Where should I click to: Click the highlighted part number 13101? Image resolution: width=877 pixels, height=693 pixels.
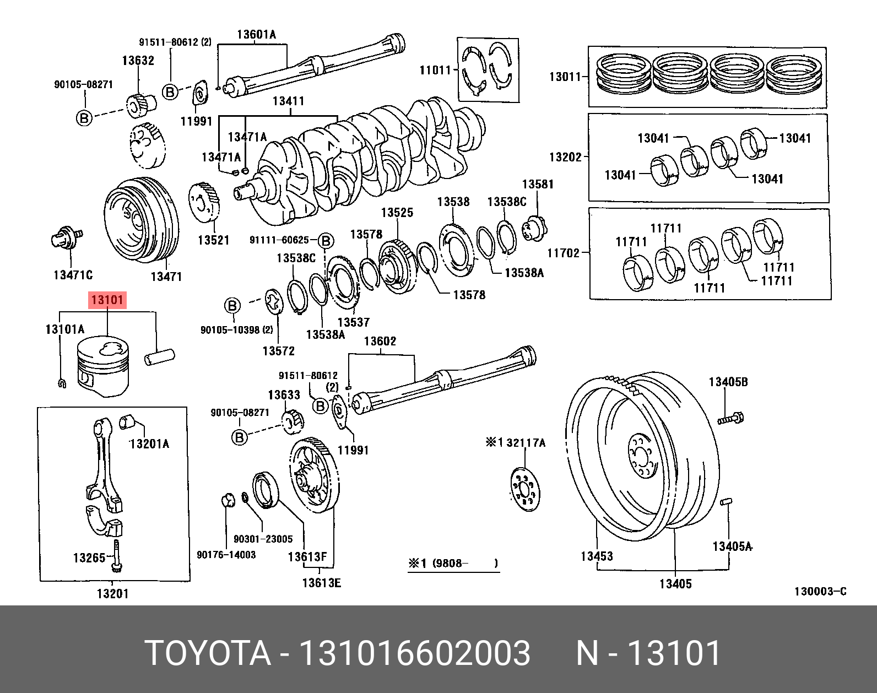107,300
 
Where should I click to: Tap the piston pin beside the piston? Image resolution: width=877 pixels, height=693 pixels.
159,356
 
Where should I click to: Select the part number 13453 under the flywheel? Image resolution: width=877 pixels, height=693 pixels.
597,556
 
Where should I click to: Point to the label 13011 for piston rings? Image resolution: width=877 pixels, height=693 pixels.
565,77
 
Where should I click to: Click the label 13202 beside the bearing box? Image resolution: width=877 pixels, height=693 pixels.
565,157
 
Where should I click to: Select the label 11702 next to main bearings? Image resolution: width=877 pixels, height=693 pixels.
563,253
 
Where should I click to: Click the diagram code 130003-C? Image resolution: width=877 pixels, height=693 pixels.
820,592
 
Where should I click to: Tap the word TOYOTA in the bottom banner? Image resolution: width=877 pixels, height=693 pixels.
208,653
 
